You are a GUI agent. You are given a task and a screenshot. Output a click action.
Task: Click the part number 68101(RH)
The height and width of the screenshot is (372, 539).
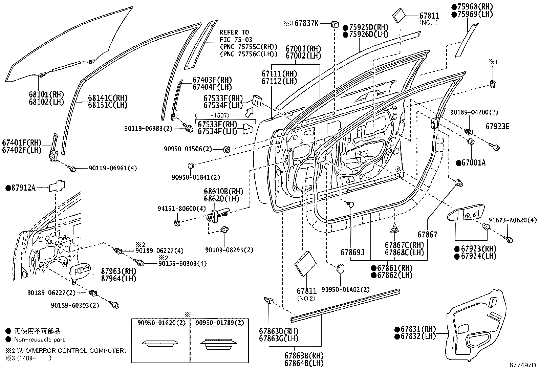(x=46, y=94)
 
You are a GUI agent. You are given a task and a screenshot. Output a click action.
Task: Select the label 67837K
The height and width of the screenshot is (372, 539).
(x=306, y=23)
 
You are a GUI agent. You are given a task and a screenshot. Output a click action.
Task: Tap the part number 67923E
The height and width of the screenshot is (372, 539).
(x=497, y=127)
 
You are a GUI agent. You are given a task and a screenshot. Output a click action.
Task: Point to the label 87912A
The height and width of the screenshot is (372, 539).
(x=23, y=188)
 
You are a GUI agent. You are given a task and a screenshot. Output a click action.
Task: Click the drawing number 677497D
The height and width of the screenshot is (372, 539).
(x=523, y=365)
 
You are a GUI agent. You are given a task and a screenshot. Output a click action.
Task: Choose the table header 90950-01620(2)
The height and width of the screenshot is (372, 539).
(x=161, y=323)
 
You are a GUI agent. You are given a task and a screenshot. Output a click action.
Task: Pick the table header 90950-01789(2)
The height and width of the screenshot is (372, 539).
(x=220, y=323)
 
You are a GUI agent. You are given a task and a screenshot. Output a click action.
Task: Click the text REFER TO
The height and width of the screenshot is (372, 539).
(x=234, y=32)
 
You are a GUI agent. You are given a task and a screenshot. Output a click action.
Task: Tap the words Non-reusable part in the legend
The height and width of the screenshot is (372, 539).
(x=40, y=340)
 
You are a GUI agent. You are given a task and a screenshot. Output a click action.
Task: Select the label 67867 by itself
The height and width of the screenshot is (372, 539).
(x=427, y=234)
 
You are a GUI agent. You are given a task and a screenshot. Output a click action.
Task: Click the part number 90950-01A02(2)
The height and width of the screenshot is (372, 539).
(x=346, y=289)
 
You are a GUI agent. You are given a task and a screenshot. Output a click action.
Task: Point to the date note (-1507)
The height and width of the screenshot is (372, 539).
(x=212, y=115)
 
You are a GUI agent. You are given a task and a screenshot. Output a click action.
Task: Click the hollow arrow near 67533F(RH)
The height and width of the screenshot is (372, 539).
(x=249, y=112)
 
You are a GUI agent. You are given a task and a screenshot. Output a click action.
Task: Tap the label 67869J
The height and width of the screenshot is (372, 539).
(x=352, y=252)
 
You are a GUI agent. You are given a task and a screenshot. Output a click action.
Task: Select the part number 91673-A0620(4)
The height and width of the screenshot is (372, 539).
(x=512, y=220)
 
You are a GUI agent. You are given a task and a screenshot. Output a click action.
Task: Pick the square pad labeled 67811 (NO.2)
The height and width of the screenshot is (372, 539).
(x=305, y=264)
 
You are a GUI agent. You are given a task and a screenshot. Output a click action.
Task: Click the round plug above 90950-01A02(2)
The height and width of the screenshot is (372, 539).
(x=340, y=269)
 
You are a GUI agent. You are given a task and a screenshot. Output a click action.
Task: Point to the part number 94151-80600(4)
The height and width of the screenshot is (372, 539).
(x=182, y=209)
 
